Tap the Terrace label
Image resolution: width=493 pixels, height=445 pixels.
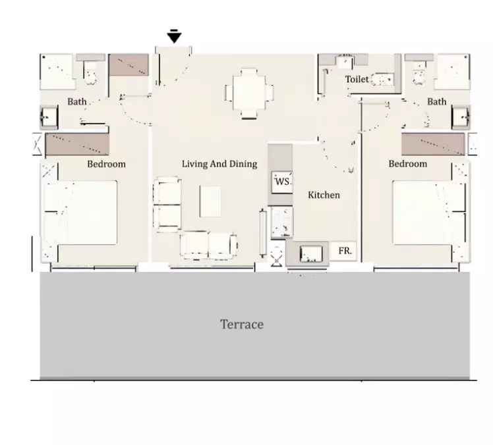(x=241, y=325)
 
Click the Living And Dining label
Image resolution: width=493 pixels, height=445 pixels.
(x=219, y=164)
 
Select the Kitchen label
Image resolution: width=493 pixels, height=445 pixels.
(x=324, y=195)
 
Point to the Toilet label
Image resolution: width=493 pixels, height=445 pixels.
(x=357, y=80)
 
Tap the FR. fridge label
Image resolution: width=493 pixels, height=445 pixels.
(x=344, y=251)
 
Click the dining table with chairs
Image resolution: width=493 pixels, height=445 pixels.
(x=249, y=93)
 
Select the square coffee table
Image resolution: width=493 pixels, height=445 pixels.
(x=212, y=201)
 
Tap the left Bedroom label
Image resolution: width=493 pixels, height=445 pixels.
(x=106, y=164)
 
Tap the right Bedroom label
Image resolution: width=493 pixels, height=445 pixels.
(x=407, y=164)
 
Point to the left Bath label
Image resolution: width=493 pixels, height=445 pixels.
(x=77, y=102)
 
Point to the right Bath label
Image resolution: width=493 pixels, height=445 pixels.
(x=436, y=102)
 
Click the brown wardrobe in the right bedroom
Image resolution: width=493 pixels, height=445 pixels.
(x=432, y=143)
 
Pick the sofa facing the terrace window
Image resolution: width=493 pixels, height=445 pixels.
(x=208, y=245)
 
